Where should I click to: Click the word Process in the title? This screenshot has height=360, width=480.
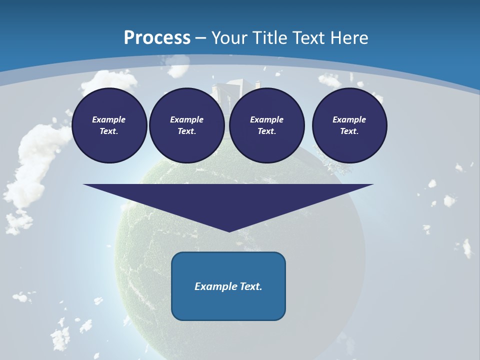point(157,38)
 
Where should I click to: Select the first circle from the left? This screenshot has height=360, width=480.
point(109,125)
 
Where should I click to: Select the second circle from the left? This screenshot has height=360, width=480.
point(187,125)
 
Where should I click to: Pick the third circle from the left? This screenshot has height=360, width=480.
point(267,125)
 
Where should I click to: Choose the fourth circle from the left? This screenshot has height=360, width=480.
point(349,125)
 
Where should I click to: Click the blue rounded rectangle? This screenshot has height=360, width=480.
point(228,286)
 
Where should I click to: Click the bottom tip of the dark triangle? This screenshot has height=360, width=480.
point(229,231)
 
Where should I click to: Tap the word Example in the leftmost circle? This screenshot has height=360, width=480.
point(108,119)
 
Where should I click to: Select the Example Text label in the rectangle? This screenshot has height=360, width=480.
point(228,286)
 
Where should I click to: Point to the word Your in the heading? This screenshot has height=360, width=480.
point(229,38)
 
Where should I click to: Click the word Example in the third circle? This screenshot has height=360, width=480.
point(266,119)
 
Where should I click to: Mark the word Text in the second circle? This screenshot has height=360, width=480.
point(186,131)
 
